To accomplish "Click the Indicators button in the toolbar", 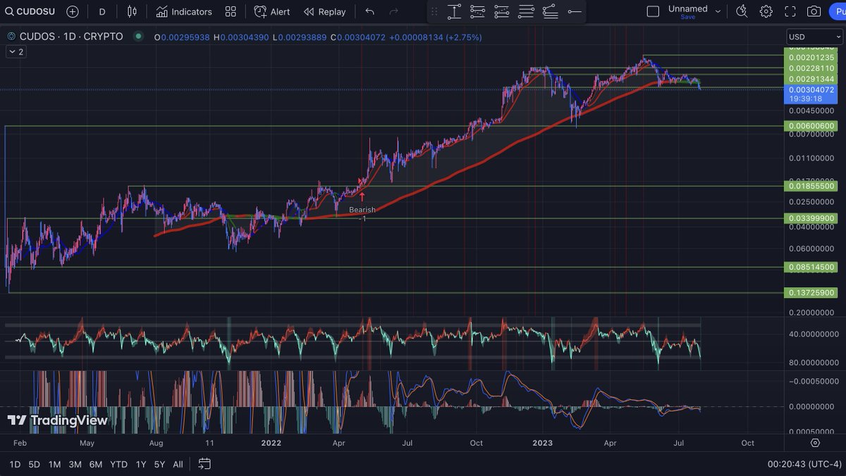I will click(184, 11).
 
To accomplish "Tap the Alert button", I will click(272, 11).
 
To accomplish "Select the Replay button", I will click(325, 11).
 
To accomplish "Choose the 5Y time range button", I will click(159, 464).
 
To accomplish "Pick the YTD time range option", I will click(119, 464).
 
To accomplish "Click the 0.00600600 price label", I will click(811, 126).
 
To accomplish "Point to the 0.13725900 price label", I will click(811, 292).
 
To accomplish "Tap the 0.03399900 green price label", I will click(811, 218).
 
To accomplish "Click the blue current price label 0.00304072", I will click(811, 90).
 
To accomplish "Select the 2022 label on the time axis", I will click(271, 443).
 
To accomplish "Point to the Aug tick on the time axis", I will click(156, 443).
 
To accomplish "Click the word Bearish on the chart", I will click(362, 209).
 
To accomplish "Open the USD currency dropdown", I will click(814, 37).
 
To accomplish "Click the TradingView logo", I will click(58, 420).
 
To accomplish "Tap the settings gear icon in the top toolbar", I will click(766, 11).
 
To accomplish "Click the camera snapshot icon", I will click(814, 11).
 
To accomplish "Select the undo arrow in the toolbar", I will click(370, 11).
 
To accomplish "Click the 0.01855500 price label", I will click(811, 186).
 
